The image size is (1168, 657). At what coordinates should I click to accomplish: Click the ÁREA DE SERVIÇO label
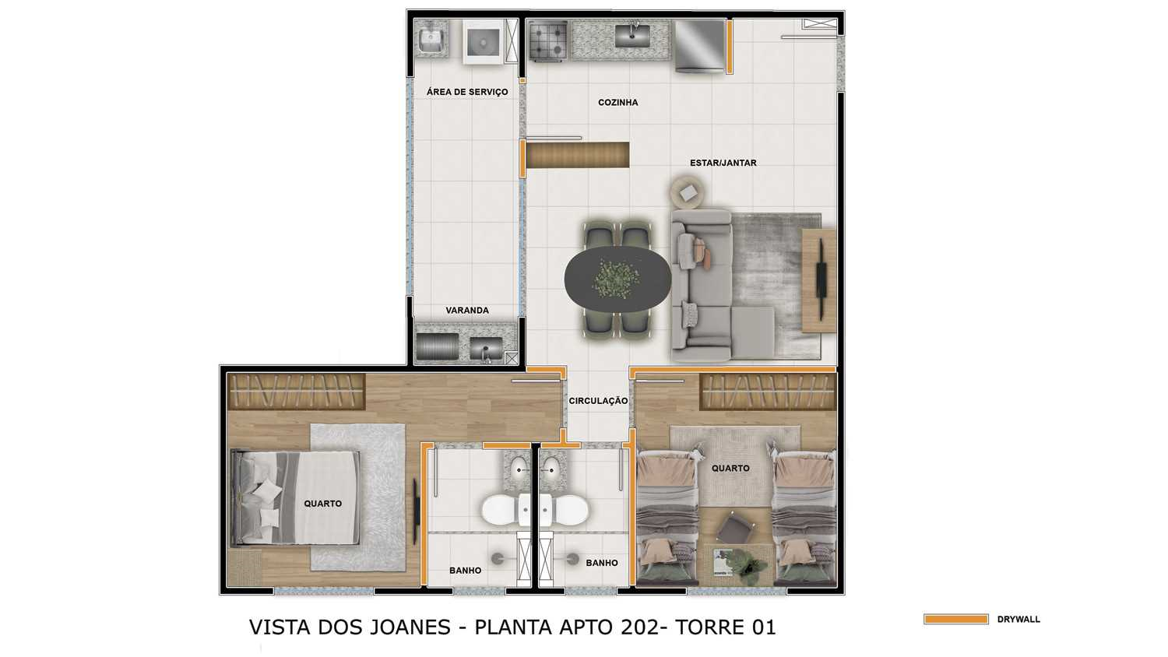pyautogui.click(x=467, y=92)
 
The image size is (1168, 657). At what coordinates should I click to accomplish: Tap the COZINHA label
pyautogui.click(x=618, y=103)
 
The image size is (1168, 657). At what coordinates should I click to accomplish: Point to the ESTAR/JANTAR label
pyautogui.click(x=723, y=163)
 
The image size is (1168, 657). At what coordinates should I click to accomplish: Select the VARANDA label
pyautogui.click(x=467, y=311)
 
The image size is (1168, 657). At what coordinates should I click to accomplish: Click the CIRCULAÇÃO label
pyautogui.click(x=598, y=401)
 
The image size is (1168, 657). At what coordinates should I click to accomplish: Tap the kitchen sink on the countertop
pyautogui.click(x=632, y=35)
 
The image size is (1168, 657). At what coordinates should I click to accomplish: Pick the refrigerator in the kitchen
pyautogui.click(x=699, y=45)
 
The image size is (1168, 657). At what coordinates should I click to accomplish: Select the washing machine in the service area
pyautogui.click(x=484, y=42)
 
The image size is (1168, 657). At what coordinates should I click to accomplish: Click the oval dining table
pyautogui.click(x=617, y=279)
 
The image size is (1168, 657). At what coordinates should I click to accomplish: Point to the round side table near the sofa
pyautogui.click(x=688, y=192)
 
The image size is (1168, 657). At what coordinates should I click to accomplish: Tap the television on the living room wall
pyautogui.click(x=821, y=279)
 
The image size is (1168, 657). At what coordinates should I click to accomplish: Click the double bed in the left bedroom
pyautogui.click(x=296, y=498)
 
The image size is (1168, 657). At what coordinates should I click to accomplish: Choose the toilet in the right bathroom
pyautogui.click(x=565, y=509)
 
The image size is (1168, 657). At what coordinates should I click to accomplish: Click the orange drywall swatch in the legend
pyautogui.click(x=955, y=619)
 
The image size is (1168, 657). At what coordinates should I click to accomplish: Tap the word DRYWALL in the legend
pyautogui.click(x=1018, y=620)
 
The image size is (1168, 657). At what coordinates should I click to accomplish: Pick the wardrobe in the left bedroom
pyautogui.click(x=297, y=391)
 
